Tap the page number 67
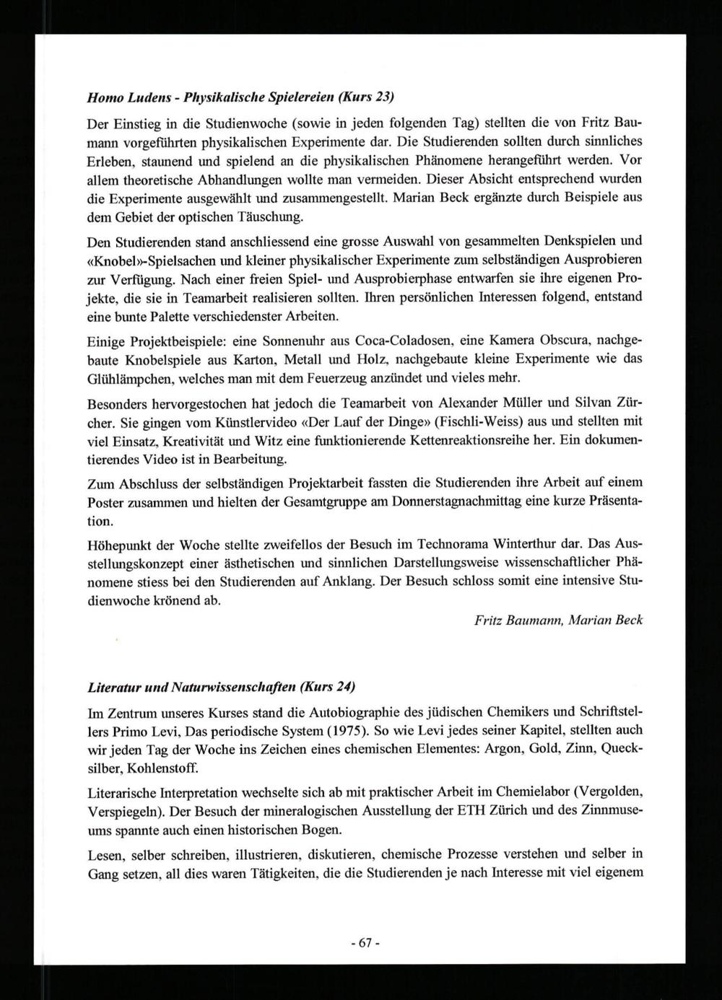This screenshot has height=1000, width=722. (364, 943)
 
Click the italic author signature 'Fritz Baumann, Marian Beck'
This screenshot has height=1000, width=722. (558, 620)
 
